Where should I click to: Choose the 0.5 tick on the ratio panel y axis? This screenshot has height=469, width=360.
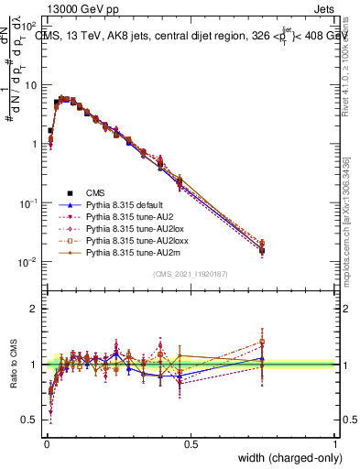28,420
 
